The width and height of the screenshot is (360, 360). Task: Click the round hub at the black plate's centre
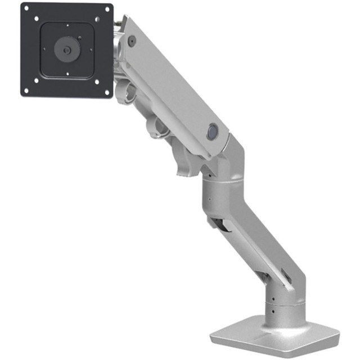(x=67, y=49)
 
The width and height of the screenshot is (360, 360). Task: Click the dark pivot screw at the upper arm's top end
(x=132, y=40)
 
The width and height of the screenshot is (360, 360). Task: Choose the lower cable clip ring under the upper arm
(x=161, y=127)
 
